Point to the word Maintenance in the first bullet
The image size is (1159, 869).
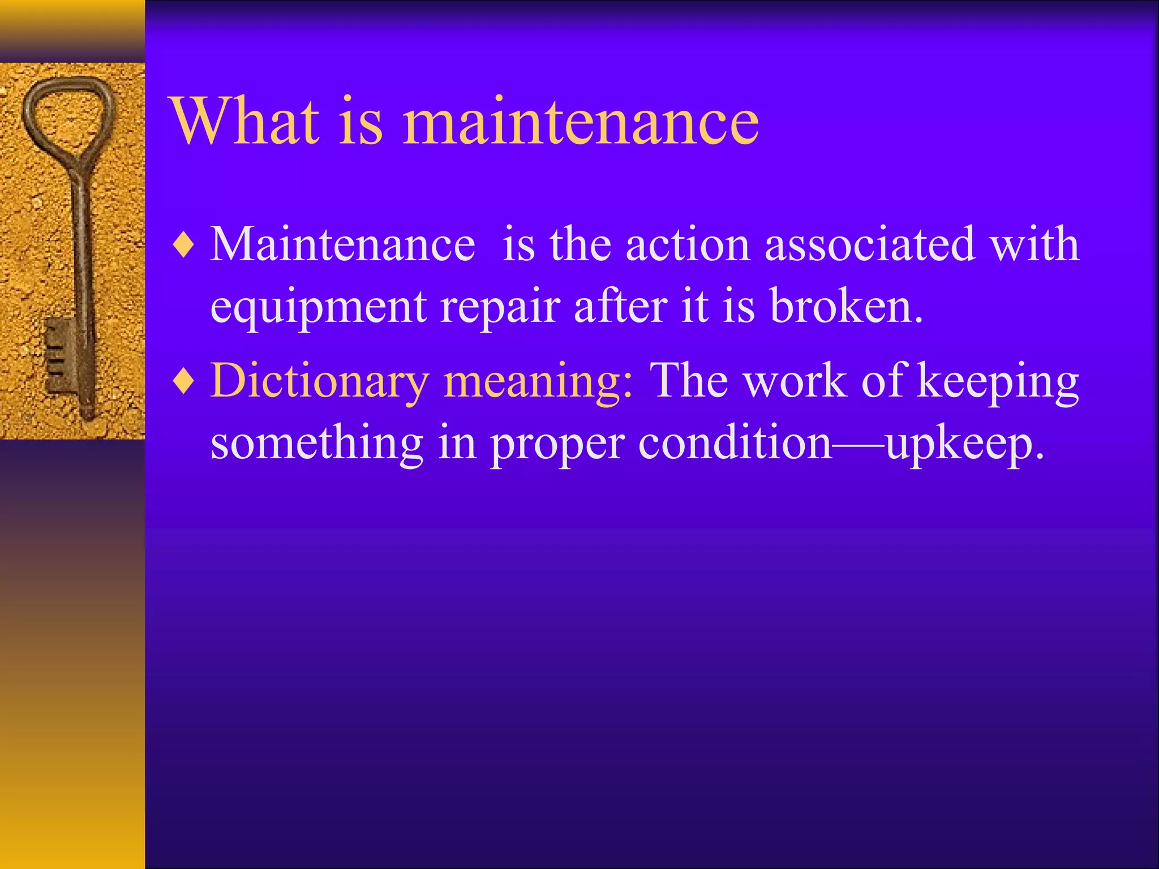[x=342, y=244]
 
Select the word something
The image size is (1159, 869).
[x=317, y=444]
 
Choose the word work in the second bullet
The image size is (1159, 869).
[x=795, y=381]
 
